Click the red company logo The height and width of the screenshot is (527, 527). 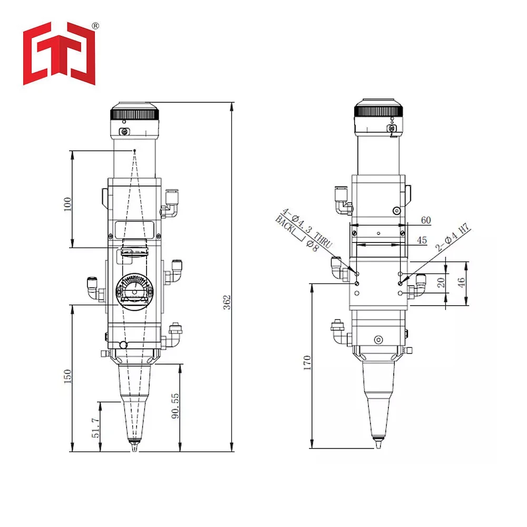pyautogui.click(x=59, y=53)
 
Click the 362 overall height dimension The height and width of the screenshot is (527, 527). pyautogui.click(x=228, y=302)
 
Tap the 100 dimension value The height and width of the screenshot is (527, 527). pyautogui.click(x=67, y=204)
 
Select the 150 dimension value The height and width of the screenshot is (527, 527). pyautogui.click(x=67, y=376)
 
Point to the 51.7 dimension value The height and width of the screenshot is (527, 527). pyautogui.click(x=96, y=427)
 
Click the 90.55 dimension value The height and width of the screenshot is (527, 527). pyautogui.click(x=175, y=406)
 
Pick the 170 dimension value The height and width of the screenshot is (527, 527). pyautogui.click(x=307, y=363)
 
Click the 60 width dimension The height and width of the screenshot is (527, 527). pyautogui.click(x=426, y=220)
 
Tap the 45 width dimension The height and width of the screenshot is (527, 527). pyautogui.click(x=422, y=240)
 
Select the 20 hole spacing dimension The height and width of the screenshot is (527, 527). pyautogui.click(x=441, y=282)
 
